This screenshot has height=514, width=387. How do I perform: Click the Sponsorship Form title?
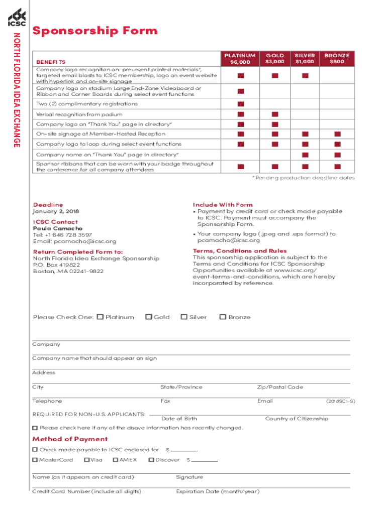point(95,31)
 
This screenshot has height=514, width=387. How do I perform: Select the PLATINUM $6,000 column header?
point(240,59)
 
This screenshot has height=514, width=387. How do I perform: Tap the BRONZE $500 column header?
point(337,59)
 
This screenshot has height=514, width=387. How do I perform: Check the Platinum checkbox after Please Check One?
point(100,317)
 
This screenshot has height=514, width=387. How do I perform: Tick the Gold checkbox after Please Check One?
point(148,317)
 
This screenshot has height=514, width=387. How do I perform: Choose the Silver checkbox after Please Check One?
point(184,317)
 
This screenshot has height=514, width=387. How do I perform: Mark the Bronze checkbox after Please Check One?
point(223,317)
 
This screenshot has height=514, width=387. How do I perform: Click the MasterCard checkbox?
point(35,460)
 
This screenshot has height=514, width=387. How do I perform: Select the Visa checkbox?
point(87,460)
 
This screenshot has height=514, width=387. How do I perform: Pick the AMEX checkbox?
point(116,460)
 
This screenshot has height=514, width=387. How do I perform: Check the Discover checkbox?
point(151,460)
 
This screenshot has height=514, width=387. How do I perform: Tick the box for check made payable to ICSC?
point(35,450)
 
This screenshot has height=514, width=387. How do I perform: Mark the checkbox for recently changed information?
point(35,428)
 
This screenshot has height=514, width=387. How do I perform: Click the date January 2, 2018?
point(56,212)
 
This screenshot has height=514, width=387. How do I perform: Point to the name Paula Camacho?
point(55,228)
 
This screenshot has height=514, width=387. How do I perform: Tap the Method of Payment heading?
point(70,439)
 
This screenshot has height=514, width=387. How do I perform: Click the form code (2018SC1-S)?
point(340,402)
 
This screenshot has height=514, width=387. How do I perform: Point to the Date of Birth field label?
point(179,419)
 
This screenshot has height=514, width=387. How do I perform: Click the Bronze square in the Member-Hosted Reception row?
point(337,134)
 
